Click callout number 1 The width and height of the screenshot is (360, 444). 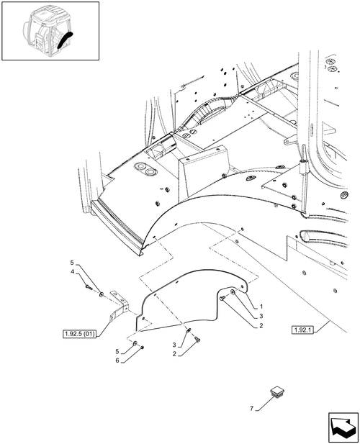[261, 307]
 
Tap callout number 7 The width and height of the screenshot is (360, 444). [251, 409]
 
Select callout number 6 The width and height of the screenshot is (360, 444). [117, 361]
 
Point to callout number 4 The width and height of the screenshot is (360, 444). [73, 272]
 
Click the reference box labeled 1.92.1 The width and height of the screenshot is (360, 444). [303, 330]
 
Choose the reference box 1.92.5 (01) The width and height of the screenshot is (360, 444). [79, 334]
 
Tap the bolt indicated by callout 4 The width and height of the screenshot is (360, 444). [89, 287]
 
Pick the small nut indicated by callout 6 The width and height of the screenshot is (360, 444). [142, 348]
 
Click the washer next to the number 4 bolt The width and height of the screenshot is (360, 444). [102, 295]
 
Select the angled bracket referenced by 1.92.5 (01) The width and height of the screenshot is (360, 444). [120, 306]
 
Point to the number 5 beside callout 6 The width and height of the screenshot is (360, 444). [117, 352]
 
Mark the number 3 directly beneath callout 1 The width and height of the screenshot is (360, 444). [261, 316]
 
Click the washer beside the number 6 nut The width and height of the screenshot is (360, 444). [135, 344]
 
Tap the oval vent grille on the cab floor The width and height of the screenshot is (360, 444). [345, 195]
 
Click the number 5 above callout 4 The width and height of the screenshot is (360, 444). [72, 263]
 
